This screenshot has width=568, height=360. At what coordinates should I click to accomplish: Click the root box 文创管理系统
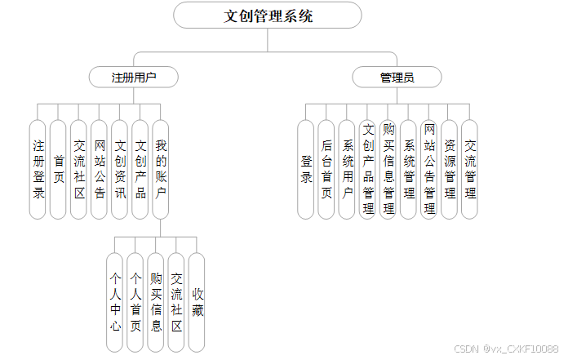pyautogui.click(x=268, y=16)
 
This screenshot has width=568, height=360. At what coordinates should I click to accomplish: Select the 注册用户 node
pyautogui.click(x=134, y=78)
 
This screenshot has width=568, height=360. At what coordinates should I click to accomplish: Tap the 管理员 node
pyautogui.click(x=397, y=78)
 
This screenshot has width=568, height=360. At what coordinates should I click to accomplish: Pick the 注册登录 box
pyautogui.click(x=38, y=169)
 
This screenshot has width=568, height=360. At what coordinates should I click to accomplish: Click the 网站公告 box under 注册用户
pyautogui.click(x=99, y=169)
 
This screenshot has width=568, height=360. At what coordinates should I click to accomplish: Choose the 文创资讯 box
pyautogui.click(x=119, y=169)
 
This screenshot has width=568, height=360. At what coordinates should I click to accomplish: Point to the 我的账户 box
pyautogui.click(x=160, y=169)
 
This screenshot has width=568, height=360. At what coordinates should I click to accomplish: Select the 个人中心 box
pyautogui.click(x=115, y=302)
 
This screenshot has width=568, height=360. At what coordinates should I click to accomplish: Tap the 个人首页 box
pyautogui.click(x=135, y=302)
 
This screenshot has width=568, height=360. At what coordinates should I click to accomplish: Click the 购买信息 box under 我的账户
pyautogui.click(x=156, y=302)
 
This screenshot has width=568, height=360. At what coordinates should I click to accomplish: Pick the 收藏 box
pyautogui.click(x=197, y=302)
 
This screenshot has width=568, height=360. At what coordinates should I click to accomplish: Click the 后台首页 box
pyautogui.click(x=326, y=169)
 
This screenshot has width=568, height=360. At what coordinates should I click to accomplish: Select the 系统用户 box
pyautogui.click(x=347, y=169)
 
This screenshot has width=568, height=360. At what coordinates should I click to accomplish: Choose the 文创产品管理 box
pyautogui.click(x=367, y=169)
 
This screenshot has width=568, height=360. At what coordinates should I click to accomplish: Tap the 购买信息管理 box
pyautogui.click(x=388, y=169)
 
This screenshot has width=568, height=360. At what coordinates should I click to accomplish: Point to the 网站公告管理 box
pyautogui.click(x=429, y=169)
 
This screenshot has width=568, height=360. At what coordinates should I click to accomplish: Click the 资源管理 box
pyautogui.click(x=450, y=169)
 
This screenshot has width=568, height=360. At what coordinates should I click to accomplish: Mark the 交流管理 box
pyautogui.click(x=470, y=169)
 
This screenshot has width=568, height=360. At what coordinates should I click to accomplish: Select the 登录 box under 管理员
pyautogui.click(x=305, y=169)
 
